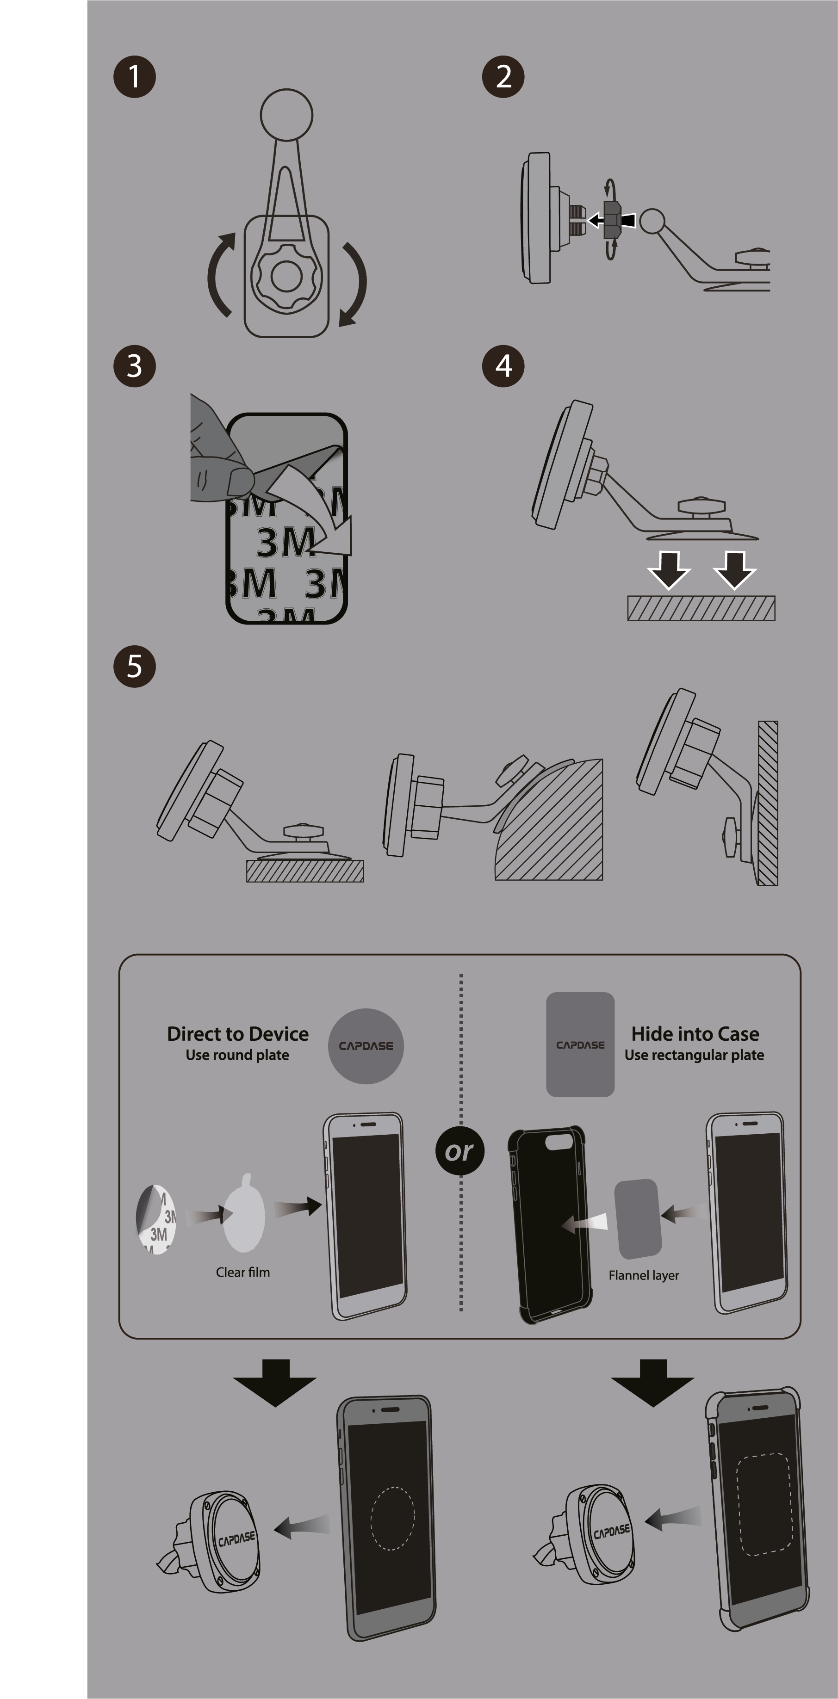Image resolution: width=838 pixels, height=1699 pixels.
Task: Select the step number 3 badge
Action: click(x=135, y=366)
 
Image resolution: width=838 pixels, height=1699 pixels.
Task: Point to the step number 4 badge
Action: click(x=503, y=366)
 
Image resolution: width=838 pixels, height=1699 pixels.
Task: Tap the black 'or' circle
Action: click(x=460, y=1151)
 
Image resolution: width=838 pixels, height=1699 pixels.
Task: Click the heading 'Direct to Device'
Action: click(x=237, y=1033)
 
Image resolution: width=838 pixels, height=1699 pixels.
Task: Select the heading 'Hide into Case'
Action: click(x=695, y=1033)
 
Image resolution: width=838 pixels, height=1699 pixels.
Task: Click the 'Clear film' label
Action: click(x=243, y=1272)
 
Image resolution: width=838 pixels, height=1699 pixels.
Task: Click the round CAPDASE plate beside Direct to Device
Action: click(x=366, y=1046)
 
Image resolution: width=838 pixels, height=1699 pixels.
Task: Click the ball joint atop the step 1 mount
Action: click(x=286, y=115)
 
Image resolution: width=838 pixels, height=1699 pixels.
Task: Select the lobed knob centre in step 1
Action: click(x=286, y=276)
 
